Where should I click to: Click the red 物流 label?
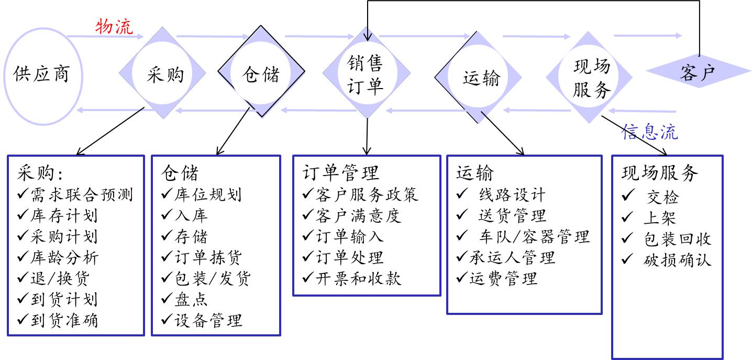click(x=114, y=26)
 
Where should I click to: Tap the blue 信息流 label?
click(x=649, y=132)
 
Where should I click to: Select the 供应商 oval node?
click(x=41, y=75)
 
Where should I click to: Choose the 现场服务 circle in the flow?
click(x=591, y=78)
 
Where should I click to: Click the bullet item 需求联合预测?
click(x=81, y=195)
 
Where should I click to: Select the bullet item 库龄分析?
click(x=64, y=257)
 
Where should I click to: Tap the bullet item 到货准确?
click(x=64, y=320)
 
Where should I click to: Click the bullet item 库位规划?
click(x=208, y=194)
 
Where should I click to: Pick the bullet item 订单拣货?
click(x=208, y=257)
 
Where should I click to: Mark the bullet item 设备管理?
click(x=208, y=320)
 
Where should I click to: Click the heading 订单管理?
click(x=340, y=172)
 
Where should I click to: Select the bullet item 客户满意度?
click(x=359, y=215)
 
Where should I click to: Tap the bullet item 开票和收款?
click(x=359, y=278)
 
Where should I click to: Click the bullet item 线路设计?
click(x=512, y=195)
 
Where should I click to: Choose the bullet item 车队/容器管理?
click(x=534, y=236)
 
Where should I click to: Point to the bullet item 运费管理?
click(x=503, y=278)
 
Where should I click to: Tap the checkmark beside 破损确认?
click(x=627, y=259)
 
